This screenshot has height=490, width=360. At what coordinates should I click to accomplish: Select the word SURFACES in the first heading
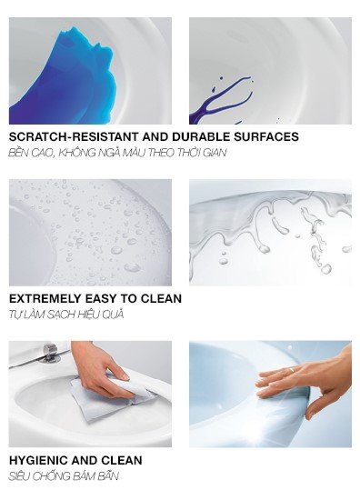point(266,137)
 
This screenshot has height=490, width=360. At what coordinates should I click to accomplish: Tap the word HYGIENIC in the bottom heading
point(38,460)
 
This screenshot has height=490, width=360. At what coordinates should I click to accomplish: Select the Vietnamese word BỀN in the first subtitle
point(19,153)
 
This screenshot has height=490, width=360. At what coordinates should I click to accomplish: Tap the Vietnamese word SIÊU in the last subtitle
point(19,476)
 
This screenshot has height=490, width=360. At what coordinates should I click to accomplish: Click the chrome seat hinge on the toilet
point(50,353)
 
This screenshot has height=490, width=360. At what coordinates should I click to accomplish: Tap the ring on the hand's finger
point(291,370)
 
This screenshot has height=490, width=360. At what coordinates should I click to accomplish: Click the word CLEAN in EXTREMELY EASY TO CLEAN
point(161,298)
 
